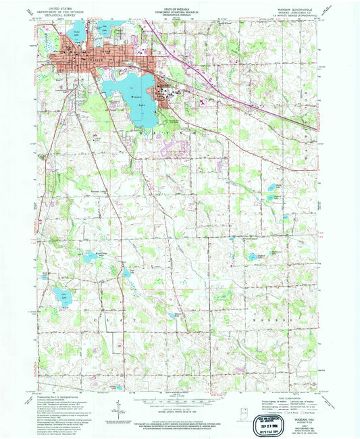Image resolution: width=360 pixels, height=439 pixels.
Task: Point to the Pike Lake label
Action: pos(105,29)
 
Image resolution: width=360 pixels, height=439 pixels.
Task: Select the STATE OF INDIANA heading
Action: pos(180,8)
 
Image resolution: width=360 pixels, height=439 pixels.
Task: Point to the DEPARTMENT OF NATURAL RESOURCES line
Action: pos(180,12)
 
